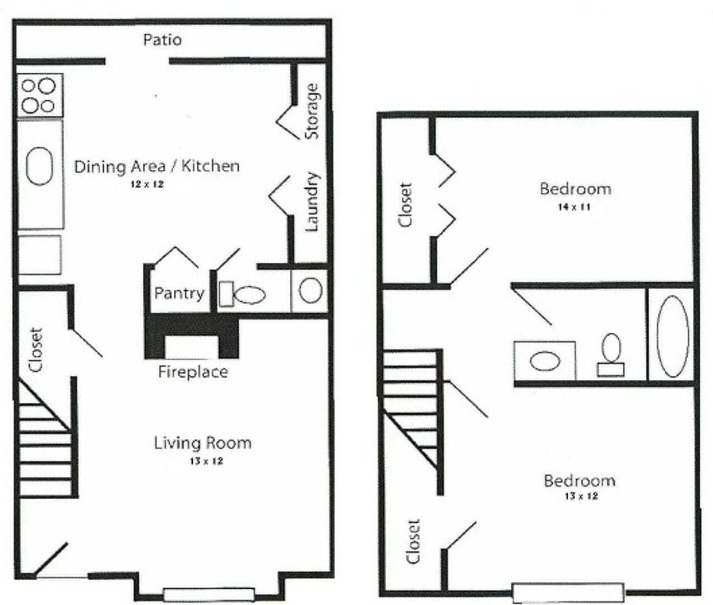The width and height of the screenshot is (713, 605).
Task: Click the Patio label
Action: tap(162, 40)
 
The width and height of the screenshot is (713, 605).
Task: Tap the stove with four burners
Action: tap(39, 95)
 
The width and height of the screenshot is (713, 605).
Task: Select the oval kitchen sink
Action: tap(39, 166)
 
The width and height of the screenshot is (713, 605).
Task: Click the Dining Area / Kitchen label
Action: tap(157, 166)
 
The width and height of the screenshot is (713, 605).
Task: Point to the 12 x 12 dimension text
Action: tap(143, 185)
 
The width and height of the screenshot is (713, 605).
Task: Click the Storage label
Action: tap(312, 111)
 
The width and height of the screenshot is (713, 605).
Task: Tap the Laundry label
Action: tap(312, 202)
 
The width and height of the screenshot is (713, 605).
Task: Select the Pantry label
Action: tap(179, 293)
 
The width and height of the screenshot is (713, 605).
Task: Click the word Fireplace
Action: tap(193, 372)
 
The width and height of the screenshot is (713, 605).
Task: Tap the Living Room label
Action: tap(202, 443)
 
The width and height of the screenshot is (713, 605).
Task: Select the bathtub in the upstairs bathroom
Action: tap(672, 336)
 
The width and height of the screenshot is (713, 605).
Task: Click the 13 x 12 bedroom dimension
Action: tap(580, 496)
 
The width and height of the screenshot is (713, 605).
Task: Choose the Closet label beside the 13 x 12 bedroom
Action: tap(413, 542)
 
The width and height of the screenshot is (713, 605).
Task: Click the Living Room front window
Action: tap(209, 594)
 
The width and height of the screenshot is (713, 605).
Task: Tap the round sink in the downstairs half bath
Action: tap(309, 290)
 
